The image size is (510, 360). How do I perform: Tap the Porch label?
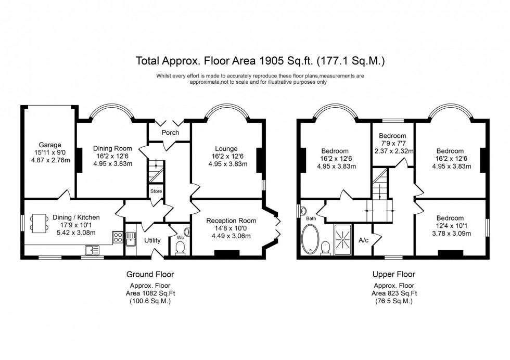(x=170, y=133)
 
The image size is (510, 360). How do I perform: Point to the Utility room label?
(x=152, y=240)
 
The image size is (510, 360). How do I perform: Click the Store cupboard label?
(x=156, y=191)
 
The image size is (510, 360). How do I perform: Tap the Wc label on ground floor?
(x=180, y=237)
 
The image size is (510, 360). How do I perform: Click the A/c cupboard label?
(x=364, y=240)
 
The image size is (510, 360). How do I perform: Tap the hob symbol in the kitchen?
(x=118, y=238)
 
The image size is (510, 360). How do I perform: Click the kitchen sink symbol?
(x=92, y=250)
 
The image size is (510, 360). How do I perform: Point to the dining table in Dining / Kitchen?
(x=39, y=223)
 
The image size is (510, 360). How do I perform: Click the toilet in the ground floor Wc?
(x=181, y=250)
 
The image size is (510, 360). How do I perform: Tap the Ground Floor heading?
(x=150, y=274)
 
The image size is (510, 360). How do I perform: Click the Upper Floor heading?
(x=394, y=274)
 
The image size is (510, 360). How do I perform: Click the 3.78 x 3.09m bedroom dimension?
(x=450, y=234)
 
